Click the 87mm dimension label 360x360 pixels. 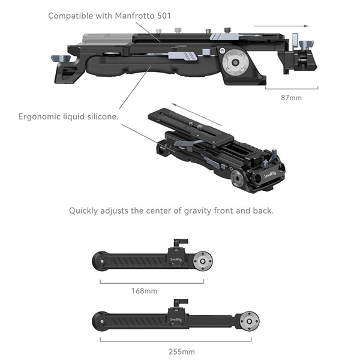coord(291,97)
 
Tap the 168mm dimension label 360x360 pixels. coord(145,291)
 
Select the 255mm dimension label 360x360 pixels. coord(182,351)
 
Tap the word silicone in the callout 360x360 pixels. coord(101,116)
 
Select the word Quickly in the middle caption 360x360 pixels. coord(86,211)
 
